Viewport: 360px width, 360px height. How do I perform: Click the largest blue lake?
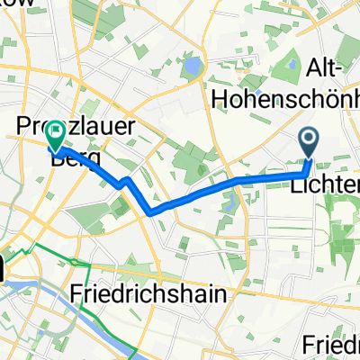(191, 67)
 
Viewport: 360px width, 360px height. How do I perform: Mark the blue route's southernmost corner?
(150, 211)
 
